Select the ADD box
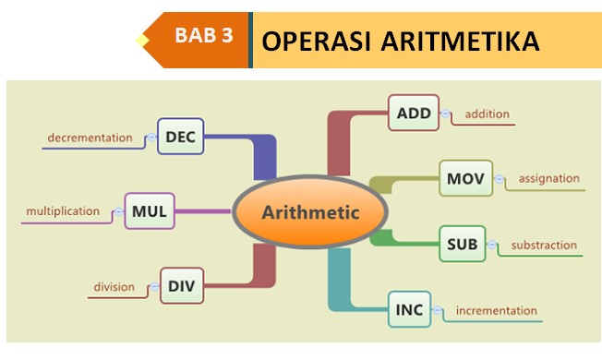tap(414, 114)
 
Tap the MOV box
tap(465, 177)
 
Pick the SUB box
tap(462, 244)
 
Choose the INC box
tap(410, 309)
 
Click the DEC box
tap(180, 138)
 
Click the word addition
tap(488, 114)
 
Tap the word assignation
tap(548, 178)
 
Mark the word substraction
tap(544, 245)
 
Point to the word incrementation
tap(498, 310)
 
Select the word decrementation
tap(90, 138)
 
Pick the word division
tap(114, 287)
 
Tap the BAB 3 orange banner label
tap(203, 38)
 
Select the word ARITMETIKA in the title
tap(461, 41)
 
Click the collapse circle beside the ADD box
tap(446, 114)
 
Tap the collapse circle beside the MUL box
tap(118, 211)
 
